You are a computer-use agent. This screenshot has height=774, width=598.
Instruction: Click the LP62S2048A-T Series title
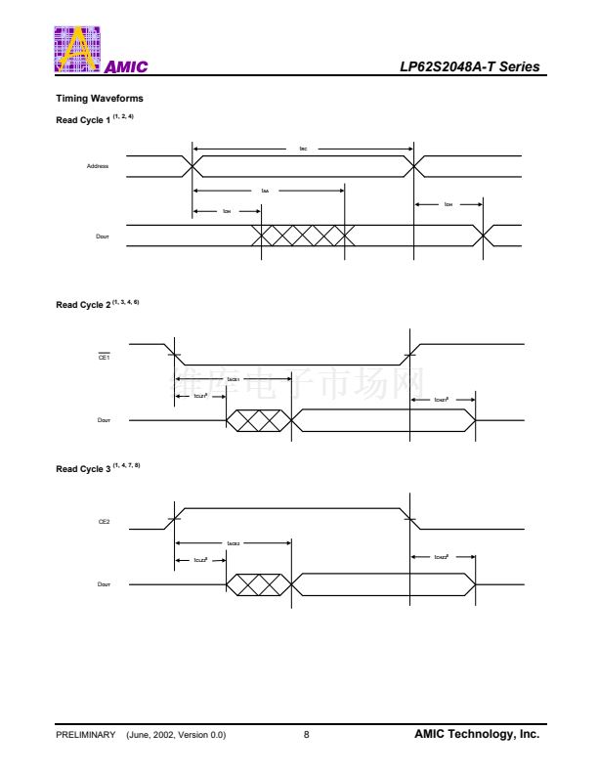click(x=469, y=66)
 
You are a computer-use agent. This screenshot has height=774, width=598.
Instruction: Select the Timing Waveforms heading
click(x=100, y=99)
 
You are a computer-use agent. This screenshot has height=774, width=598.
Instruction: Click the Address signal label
click(x=97, y=166)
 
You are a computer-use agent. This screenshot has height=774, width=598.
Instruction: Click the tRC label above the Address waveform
click(x=304, y=149)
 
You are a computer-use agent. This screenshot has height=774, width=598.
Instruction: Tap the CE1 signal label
click(x=104, y=357)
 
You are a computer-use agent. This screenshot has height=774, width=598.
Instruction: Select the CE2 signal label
click(x=104, y=522)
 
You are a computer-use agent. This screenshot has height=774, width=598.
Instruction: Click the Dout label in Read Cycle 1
click(x=102, y=236)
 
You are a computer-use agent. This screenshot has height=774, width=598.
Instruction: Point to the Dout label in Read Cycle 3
click(x=104, y=584)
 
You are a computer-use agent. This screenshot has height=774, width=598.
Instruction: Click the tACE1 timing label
click(x=234, y=378)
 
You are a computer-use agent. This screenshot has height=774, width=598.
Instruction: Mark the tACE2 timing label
click(x=234, y=542)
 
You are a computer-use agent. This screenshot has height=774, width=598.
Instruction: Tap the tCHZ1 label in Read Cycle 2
click(x=441, y=399)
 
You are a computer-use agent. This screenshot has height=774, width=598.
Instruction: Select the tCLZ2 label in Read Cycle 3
click(x=200, y=561)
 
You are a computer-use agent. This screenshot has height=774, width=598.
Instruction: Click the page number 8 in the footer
click(x=306, y=735)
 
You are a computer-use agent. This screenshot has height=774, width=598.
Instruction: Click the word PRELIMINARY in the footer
click(x=86, y=735)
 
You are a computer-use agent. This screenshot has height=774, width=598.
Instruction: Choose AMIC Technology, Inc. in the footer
click(x=476, y=735)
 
